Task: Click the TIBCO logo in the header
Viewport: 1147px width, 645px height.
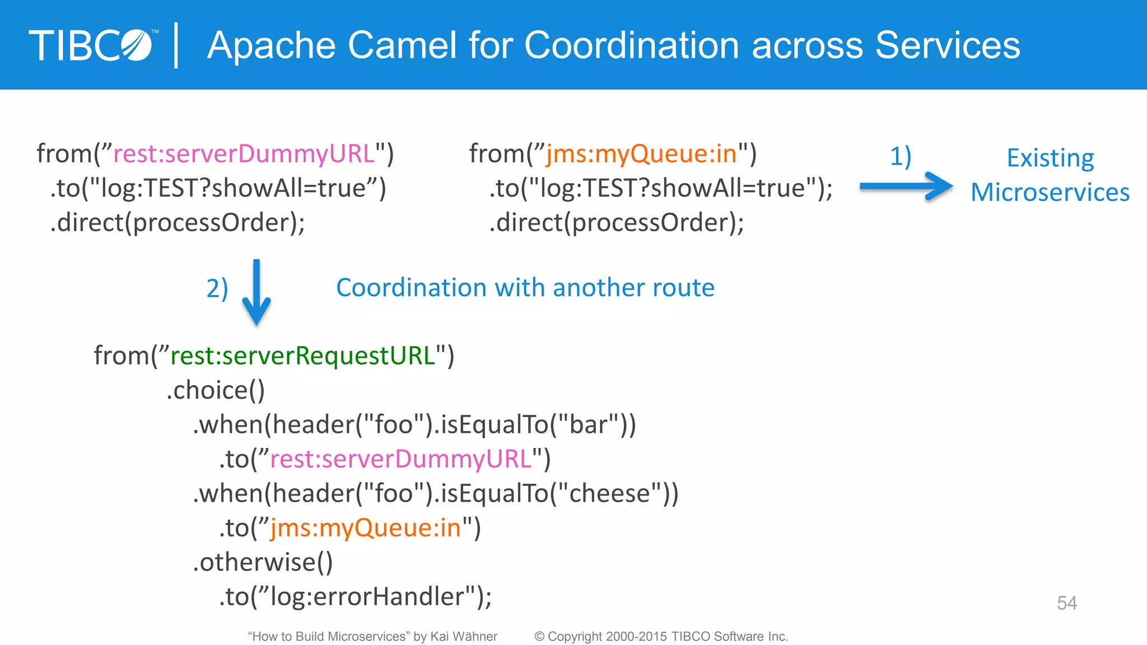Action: pos(92,45)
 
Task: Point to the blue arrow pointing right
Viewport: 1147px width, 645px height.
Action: pos(906,186)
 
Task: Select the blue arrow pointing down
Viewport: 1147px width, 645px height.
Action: pos(257,292)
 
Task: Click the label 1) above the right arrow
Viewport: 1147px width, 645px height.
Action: pos(901,156)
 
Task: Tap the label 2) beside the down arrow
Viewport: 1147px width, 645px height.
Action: pos(217,289)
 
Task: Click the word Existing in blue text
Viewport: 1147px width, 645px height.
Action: pos(1050,158)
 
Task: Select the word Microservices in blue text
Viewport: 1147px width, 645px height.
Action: pos(1050,193)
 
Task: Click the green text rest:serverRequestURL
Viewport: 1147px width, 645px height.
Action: pos(302,356)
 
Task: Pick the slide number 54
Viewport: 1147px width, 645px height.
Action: pos(1066,603)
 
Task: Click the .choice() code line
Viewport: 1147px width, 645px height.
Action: pos(216,391)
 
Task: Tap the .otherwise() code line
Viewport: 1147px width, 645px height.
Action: pos(263,562)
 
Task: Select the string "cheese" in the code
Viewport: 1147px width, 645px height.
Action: pos(609,494)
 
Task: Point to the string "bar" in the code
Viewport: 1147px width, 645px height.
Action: pos(588,425)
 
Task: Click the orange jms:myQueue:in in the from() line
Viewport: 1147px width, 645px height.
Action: pos(641,154)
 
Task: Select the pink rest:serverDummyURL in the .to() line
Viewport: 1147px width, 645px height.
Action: pos(400,460)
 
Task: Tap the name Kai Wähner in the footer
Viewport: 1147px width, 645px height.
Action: pos(464,637)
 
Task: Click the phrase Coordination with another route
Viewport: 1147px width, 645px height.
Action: pos(525,288)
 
